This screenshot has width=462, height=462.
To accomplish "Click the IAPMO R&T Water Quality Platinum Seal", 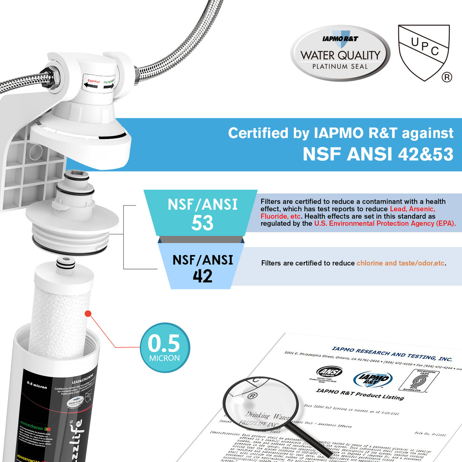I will [x=340, y=53].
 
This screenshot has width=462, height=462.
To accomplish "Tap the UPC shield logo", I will [x=423, y=51].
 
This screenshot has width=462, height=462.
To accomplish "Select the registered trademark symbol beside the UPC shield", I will [x=447, y=77].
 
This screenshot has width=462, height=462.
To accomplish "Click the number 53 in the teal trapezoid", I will [x=202, y=223].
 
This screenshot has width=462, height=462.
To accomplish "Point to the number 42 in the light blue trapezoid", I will [x=202, y=276].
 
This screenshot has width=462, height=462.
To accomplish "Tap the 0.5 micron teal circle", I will [x=164, y=347].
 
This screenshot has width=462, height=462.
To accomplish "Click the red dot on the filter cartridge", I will [x=88, y=314].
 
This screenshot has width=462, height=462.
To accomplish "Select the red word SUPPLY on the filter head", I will [x=93, y=81].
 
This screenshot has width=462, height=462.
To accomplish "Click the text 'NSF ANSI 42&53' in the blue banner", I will [x=378, y=154].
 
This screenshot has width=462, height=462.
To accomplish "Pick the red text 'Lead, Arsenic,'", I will [x=413, y=209].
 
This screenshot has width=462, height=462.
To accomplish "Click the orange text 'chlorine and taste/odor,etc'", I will [x=400, y=263].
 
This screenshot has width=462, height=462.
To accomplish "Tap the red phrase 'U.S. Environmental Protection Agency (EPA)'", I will [x=384, y=223].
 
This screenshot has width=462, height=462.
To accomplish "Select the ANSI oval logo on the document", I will [x=330, y=371].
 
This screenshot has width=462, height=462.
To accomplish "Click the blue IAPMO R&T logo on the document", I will [x=372, y=379].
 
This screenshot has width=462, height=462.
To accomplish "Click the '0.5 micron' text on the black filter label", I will [x=37, y=386].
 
